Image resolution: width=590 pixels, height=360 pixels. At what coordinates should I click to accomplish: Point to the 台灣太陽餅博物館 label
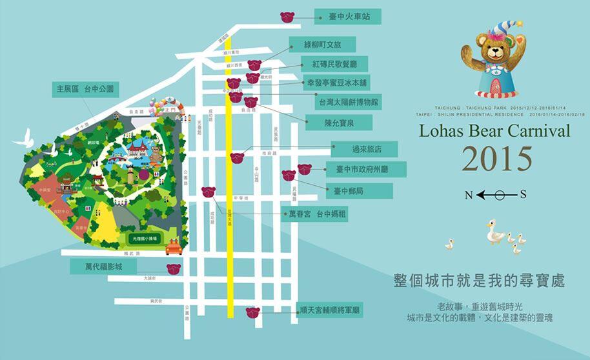pyautogui.click(x=347, y=101)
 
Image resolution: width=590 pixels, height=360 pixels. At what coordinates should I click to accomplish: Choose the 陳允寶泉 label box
pyautogui.click(x=338, y=122)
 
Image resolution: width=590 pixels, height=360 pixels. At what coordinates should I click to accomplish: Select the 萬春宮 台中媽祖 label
pyautogui.click(x=314, y=214)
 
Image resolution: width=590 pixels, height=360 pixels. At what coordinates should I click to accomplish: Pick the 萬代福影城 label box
pyautogui.click(x=103, y=266)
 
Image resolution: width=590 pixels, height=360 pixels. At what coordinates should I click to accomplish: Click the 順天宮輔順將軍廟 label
pyautogui.click(x=330, y=310)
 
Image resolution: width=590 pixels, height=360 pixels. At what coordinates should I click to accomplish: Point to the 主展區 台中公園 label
pyautogui.click(x=85, y=90)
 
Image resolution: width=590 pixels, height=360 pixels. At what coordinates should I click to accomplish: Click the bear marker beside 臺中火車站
pyautogui.click(x=287, y=17)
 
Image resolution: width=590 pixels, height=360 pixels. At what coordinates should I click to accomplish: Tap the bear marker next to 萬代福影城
pyautogui.click(x=174, y=268)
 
